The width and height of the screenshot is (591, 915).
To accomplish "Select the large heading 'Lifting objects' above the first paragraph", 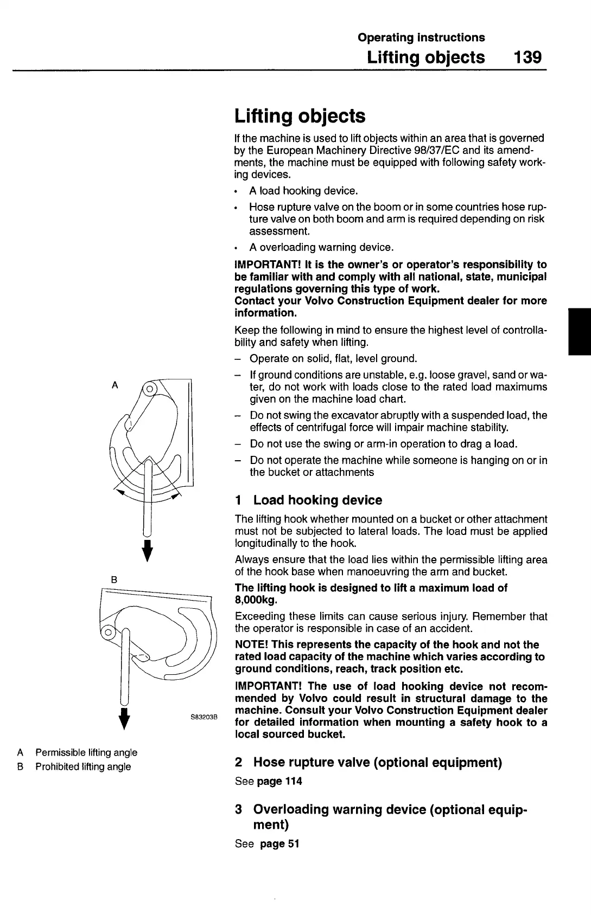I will (x=300, y=116).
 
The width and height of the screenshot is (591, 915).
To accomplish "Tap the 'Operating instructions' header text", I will (x=421, y=37).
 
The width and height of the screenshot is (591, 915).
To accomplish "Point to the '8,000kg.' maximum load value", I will (x=256, y=600).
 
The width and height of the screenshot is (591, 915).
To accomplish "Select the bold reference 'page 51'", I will (x=279, y=843).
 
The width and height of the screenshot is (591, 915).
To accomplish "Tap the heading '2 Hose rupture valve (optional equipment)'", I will (x=368, y=763).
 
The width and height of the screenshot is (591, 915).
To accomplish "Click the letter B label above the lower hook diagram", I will (x=114, y=579).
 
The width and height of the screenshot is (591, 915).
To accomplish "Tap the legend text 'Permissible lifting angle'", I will (x=86, y=752).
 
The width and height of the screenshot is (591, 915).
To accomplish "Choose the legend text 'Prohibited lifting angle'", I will (x=83, y=766).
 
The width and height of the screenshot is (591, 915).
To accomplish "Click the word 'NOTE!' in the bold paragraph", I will (x=251, y=645).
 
